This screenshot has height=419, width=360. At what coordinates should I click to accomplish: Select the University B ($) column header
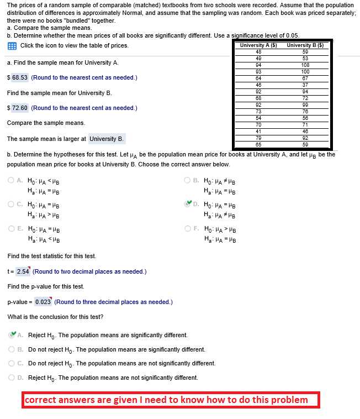pyautogui.click(x=305, y=45)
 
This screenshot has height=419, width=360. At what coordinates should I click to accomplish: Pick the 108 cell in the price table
pyautogui.click(x=305, y=65)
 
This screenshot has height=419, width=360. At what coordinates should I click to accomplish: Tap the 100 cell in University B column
pyautogui.click(x=305, y=71)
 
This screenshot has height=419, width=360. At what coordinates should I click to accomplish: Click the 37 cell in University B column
pyautogui.click(x=305, y=85)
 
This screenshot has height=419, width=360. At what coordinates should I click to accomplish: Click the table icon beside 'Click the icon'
pyautogui.click(x=12, y=45)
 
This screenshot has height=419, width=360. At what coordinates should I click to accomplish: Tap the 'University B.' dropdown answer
pyautogui.click(x=107, y=139)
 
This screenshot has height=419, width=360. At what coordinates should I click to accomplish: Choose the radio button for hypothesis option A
pyautogui.click(x=11, y=180)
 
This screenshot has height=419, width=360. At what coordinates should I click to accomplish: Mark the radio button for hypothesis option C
pyautogui.click(x=11, y=204)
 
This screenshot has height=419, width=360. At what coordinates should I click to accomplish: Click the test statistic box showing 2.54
pyautogui.click(x=23, y=271)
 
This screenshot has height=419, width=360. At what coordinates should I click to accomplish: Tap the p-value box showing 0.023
pyautogui.click(x=43, y=302)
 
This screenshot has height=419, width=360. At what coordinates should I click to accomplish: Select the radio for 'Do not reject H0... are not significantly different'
pyautogui.click(x=11, y=363)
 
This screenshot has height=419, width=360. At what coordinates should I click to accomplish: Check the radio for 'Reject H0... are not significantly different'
pyautogui.click(x=11, y=377)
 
